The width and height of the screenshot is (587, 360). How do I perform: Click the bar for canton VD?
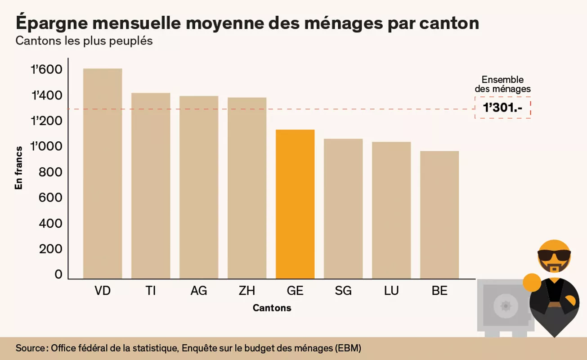tap(103, 173)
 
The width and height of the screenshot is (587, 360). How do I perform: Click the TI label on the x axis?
tap(151, 291)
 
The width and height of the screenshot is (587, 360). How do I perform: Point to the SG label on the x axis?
tap(343, 291)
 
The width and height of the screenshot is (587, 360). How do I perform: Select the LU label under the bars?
tap(391, 291)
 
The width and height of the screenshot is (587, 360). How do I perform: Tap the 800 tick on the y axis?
tap(50, 172)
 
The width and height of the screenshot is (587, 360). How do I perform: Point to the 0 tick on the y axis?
tap(58, 274)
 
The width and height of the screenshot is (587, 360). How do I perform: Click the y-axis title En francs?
tap(19, 167)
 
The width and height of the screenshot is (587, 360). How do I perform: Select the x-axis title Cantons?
tap(272, 308)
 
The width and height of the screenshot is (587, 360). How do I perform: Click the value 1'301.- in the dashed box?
tap(502, 108)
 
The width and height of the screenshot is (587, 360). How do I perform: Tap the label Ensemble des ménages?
tap(502, 85)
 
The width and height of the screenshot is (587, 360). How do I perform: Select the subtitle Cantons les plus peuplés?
tap(84, 41)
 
